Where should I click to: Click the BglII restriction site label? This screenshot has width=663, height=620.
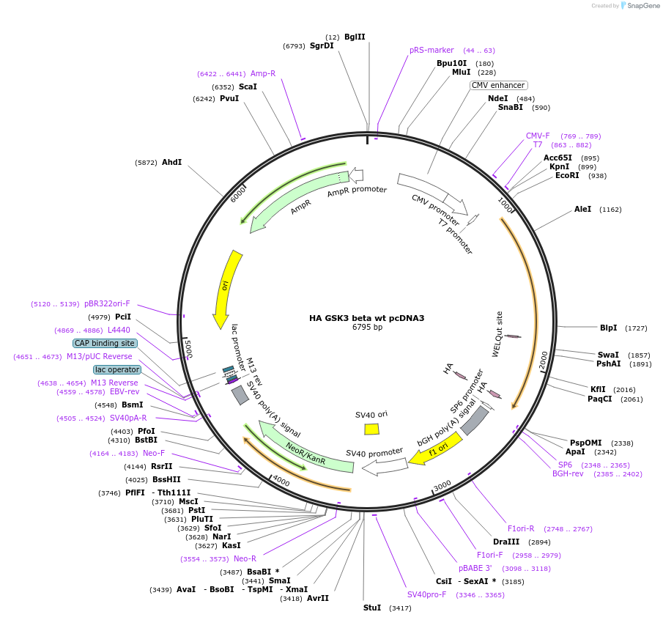pos(355,37)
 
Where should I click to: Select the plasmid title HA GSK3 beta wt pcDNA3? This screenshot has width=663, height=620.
pos(367,318)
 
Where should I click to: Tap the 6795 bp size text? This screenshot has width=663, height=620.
pos(367,328)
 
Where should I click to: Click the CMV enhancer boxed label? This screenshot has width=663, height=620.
pos(498,85)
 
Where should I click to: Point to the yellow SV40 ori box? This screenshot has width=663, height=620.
pos(372,429)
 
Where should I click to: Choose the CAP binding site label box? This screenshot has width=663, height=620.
pos(104,343)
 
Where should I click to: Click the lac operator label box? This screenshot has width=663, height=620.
pos(116,369)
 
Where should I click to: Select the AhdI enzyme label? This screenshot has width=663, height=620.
pos(171,162)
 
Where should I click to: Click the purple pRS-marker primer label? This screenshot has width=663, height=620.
pos(431,50)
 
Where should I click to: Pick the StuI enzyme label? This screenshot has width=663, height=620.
pos(372,608)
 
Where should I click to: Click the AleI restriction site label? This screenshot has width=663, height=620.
pos(582,209)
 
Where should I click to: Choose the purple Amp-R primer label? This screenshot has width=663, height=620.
pos(263,73)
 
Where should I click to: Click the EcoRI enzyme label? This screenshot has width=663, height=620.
pos(567,175)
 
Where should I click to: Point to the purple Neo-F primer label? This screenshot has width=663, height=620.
pos(154,453)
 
